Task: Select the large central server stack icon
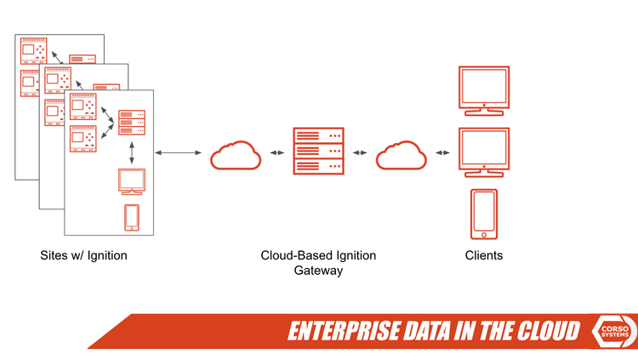point(317,151)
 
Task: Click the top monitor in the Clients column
point(483,89)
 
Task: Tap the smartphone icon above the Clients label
point(483,214)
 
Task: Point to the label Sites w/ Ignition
point(83,255)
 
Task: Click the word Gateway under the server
point(318,271)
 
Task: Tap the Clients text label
point(483,255)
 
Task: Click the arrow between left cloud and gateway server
point(276,153)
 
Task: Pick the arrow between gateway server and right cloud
point(360,153)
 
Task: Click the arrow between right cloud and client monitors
point(442,153)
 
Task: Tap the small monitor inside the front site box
point(132,181)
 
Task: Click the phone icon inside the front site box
point(132,217)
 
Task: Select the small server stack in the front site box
point(132,123)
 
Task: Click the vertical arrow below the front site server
point(132,152)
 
